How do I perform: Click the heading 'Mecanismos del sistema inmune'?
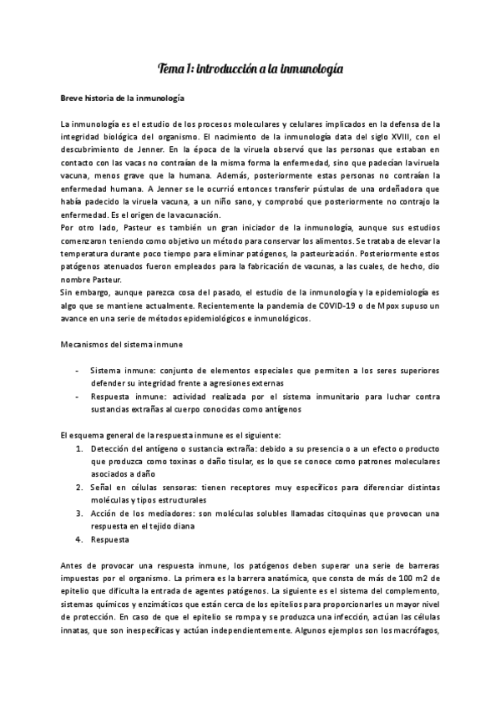click(x=122, y=343)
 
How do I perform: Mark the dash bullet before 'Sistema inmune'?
click(x=78, y=369)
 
